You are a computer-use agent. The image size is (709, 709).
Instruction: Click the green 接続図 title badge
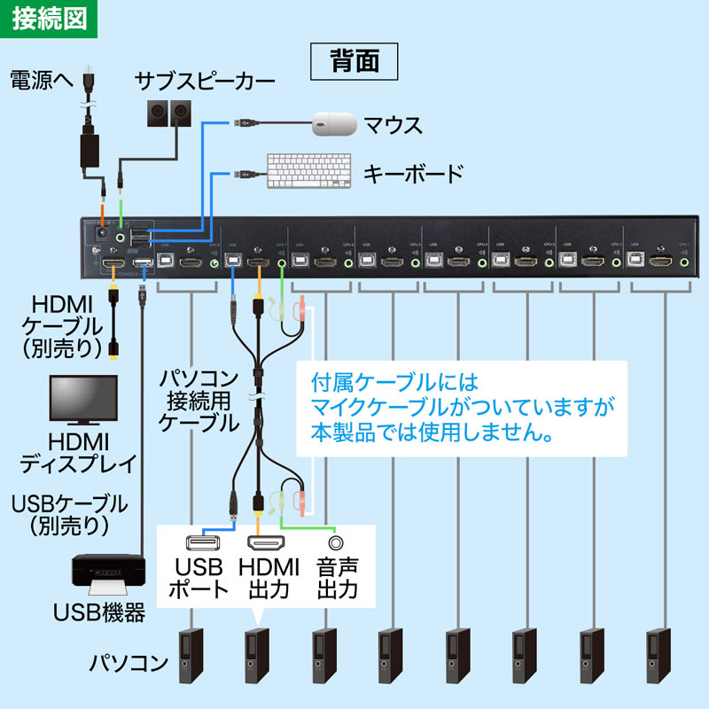[x=49, y=19]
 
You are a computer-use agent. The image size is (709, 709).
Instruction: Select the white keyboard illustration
[x=310, y=170]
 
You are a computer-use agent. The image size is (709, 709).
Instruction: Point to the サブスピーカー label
[x=205, y=82]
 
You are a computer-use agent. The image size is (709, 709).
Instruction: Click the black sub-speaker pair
[x=169, y=113]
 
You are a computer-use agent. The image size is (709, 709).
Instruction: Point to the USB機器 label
[x=99, y=612]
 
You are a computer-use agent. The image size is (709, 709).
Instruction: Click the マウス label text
[x=393, y=125]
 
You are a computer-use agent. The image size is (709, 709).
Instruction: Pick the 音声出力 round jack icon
[x=336, y=541]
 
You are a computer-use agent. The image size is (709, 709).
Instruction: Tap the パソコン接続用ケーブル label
[x=199, y=402]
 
